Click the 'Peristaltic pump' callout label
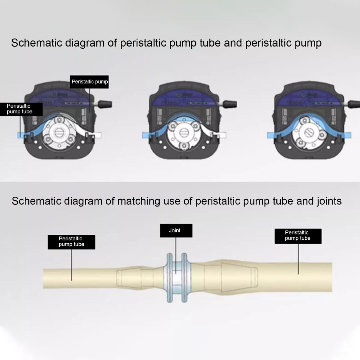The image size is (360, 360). [89, 82]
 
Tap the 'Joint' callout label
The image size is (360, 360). [176, 231]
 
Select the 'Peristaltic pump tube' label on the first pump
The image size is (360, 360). [21, 109]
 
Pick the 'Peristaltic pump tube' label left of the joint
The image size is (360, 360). [71, 242]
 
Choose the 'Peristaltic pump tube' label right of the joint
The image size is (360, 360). [298, 236]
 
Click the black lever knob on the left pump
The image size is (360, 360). [105, 104]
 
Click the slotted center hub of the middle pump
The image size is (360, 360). [184, 133]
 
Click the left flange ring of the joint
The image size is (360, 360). [169, 278]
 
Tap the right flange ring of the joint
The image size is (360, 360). [184, 278]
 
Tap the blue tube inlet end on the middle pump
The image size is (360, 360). [146, 135]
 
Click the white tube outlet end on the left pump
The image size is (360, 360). [97, 135]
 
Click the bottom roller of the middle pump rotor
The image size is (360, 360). [184, 146]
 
